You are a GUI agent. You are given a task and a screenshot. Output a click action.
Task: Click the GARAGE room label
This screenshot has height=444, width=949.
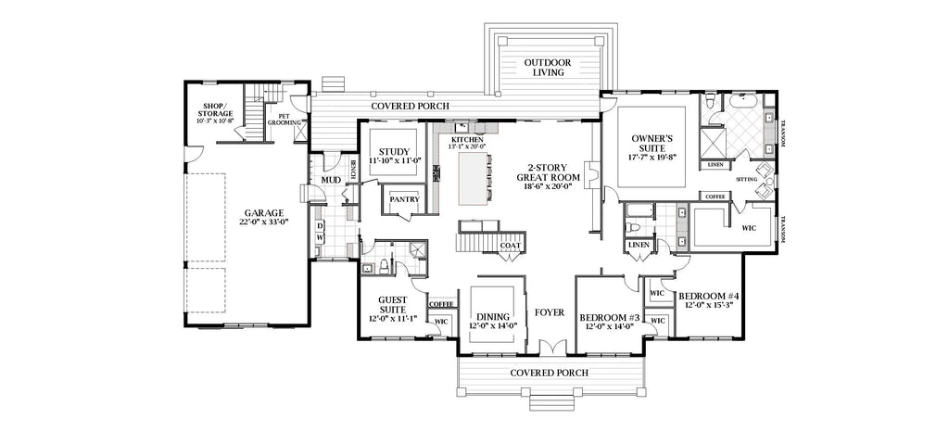click(238, 211)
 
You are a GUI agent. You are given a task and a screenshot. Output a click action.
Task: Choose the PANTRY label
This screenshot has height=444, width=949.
click(404, 199)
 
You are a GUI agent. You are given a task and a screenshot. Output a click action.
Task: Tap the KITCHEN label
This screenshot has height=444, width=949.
click(468, 139)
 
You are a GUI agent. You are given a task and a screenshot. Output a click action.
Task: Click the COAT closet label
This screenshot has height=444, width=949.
click(509, 246)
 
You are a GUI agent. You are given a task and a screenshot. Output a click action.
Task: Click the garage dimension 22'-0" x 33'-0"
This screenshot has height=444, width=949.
click(238, 222)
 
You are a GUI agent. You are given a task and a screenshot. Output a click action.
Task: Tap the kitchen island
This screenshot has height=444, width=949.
click(474, 180)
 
